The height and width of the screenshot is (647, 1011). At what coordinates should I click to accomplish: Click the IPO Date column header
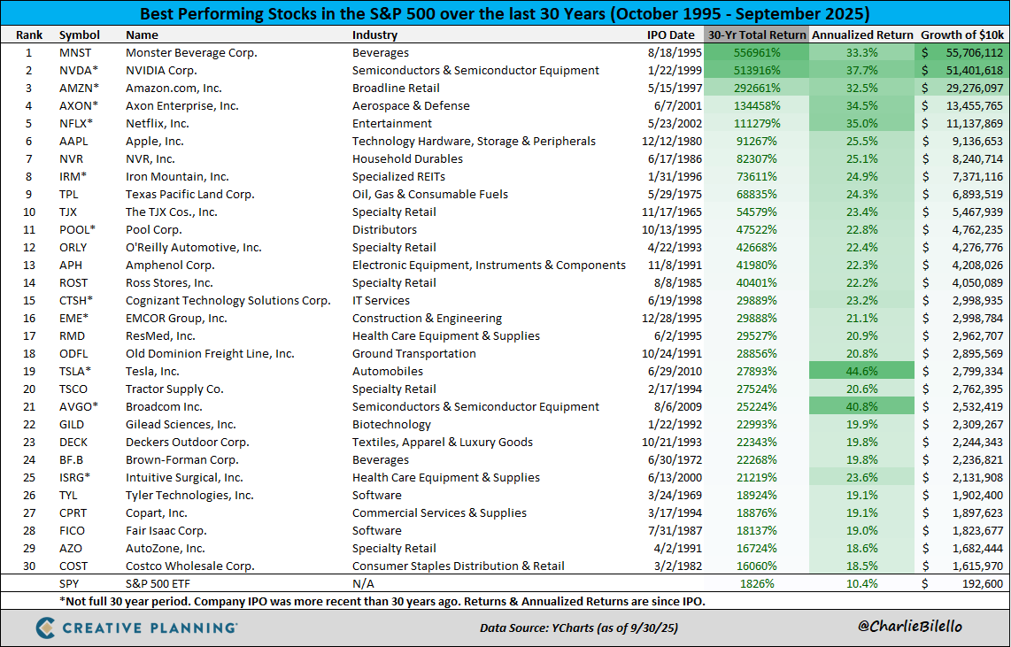tap(670, 35)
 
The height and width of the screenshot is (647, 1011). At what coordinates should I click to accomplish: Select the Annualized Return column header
tap(861, 35)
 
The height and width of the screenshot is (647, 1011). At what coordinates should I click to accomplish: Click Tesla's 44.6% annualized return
tap(861, 372)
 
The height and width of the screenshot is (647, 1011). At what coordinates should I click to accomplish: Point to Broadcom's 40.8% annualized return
tap(861, 407)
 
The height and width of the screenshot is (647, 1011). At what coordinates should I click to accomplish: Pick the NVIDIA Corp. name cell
tap(161, 71)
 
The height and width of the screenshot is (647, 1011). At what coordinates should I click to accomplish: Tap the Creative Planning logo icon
tap(49, 628)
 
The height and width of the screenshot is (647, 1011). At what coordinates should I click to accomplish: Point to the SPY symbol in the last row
tap(70, 584)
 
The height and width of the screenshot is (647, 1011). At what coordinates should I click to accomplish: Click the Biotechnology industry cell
tap(392, 425)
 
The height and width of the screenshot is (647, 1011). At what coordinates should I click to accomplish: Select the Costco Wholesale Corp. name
tap(189, 566)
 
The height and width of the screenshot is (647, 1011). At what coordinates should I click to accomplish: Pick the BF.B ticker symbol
tap(73, 460)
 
